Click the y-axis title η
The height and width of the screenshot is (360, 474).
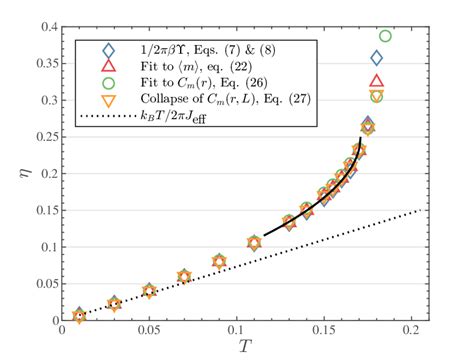[x=17, y=173]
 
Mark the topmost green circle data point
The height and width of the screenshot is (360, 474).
[x=385, y=37]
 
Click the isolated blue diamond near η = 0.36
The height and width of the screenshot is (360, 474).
[x=376, y=58]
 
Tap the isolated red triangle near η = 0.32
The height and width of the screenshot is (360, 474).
[x=376, y=81]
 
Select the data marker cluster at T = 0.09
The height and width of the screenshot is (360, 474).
[x=219, y=262]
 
